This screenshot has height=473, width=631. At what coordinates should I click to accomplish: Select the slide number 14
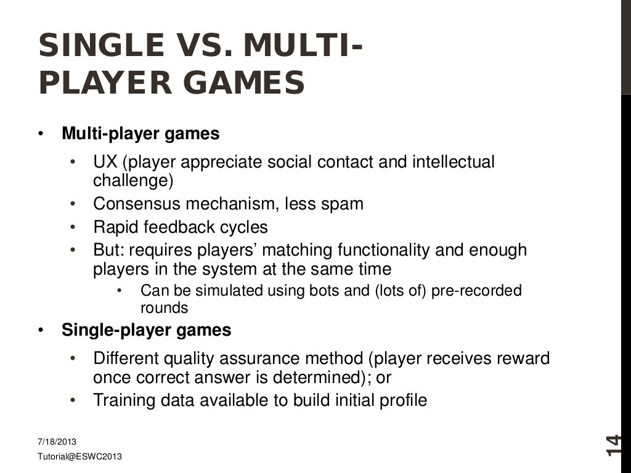(613, 445)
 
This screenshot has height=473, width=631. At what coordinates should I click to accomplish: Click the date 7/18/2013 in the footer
(57, 442)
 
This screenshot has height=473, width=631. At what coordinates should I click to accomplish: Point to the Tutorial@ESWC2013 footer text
(79, 456)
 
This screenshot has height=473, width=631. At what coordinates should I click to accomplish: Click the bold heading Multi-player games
(140, 134)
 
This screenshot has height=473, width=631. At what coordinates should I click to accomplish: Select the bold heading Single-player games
(147, 330)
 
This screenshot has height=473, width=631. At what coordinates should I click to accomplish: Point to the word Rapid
(115, 227)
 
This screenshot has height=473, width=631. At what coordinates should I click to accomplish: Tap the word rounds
(165, 307)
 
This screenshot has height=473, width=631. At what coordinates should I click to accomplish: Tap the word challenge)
(133, 181)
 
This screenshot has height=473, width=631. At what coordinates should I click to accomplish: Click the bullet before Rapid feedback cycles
(73, 227)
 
